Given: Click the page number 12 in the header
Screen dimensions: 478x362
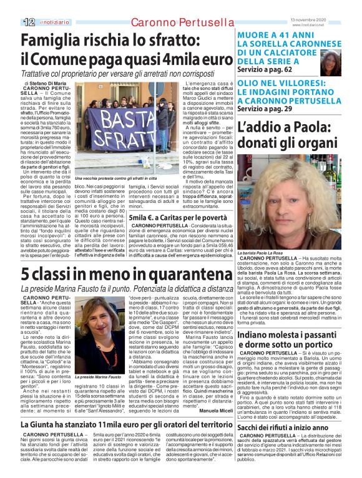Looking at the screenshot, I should coord(28,22).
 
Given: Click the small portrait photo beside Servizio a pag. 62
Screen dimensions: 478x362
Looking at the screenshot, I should coord(335,61).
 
